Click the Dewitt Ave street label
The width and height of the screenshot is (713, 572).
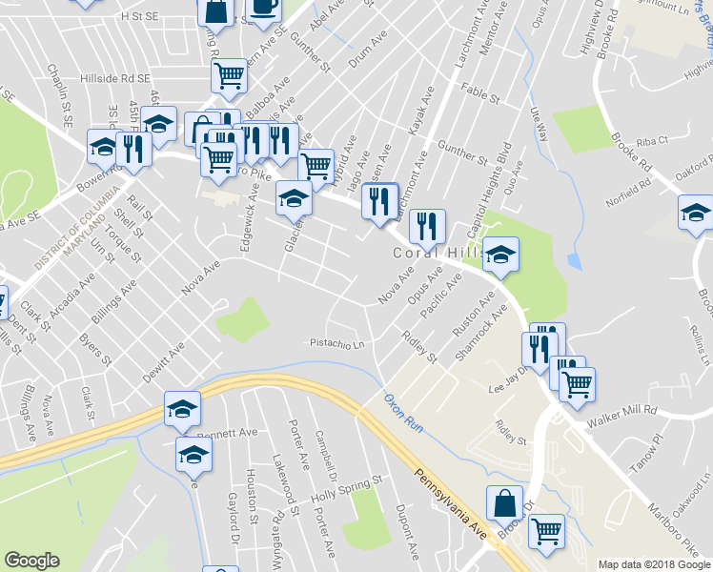coord(164,362)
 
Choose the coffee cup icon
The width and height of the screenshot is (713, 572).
coord(263,8)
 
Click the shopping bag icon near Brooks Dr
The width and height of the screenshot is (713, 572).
coord(504,503)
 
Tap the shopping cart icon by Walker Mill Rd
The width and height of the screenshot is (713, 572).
coord(577,384)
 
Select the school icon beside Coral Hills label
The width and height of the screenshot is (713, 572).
coord(500,255)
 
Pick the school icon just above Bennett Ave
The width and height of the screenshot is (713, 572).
coord(182,408)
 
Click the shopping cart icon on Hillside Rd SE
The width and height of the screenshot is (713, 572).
coord(229,74)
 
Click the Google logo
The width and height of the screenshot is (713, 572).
coord(31,561)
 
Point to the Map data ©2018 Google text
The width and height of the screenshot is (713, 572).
coord(654,564)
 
